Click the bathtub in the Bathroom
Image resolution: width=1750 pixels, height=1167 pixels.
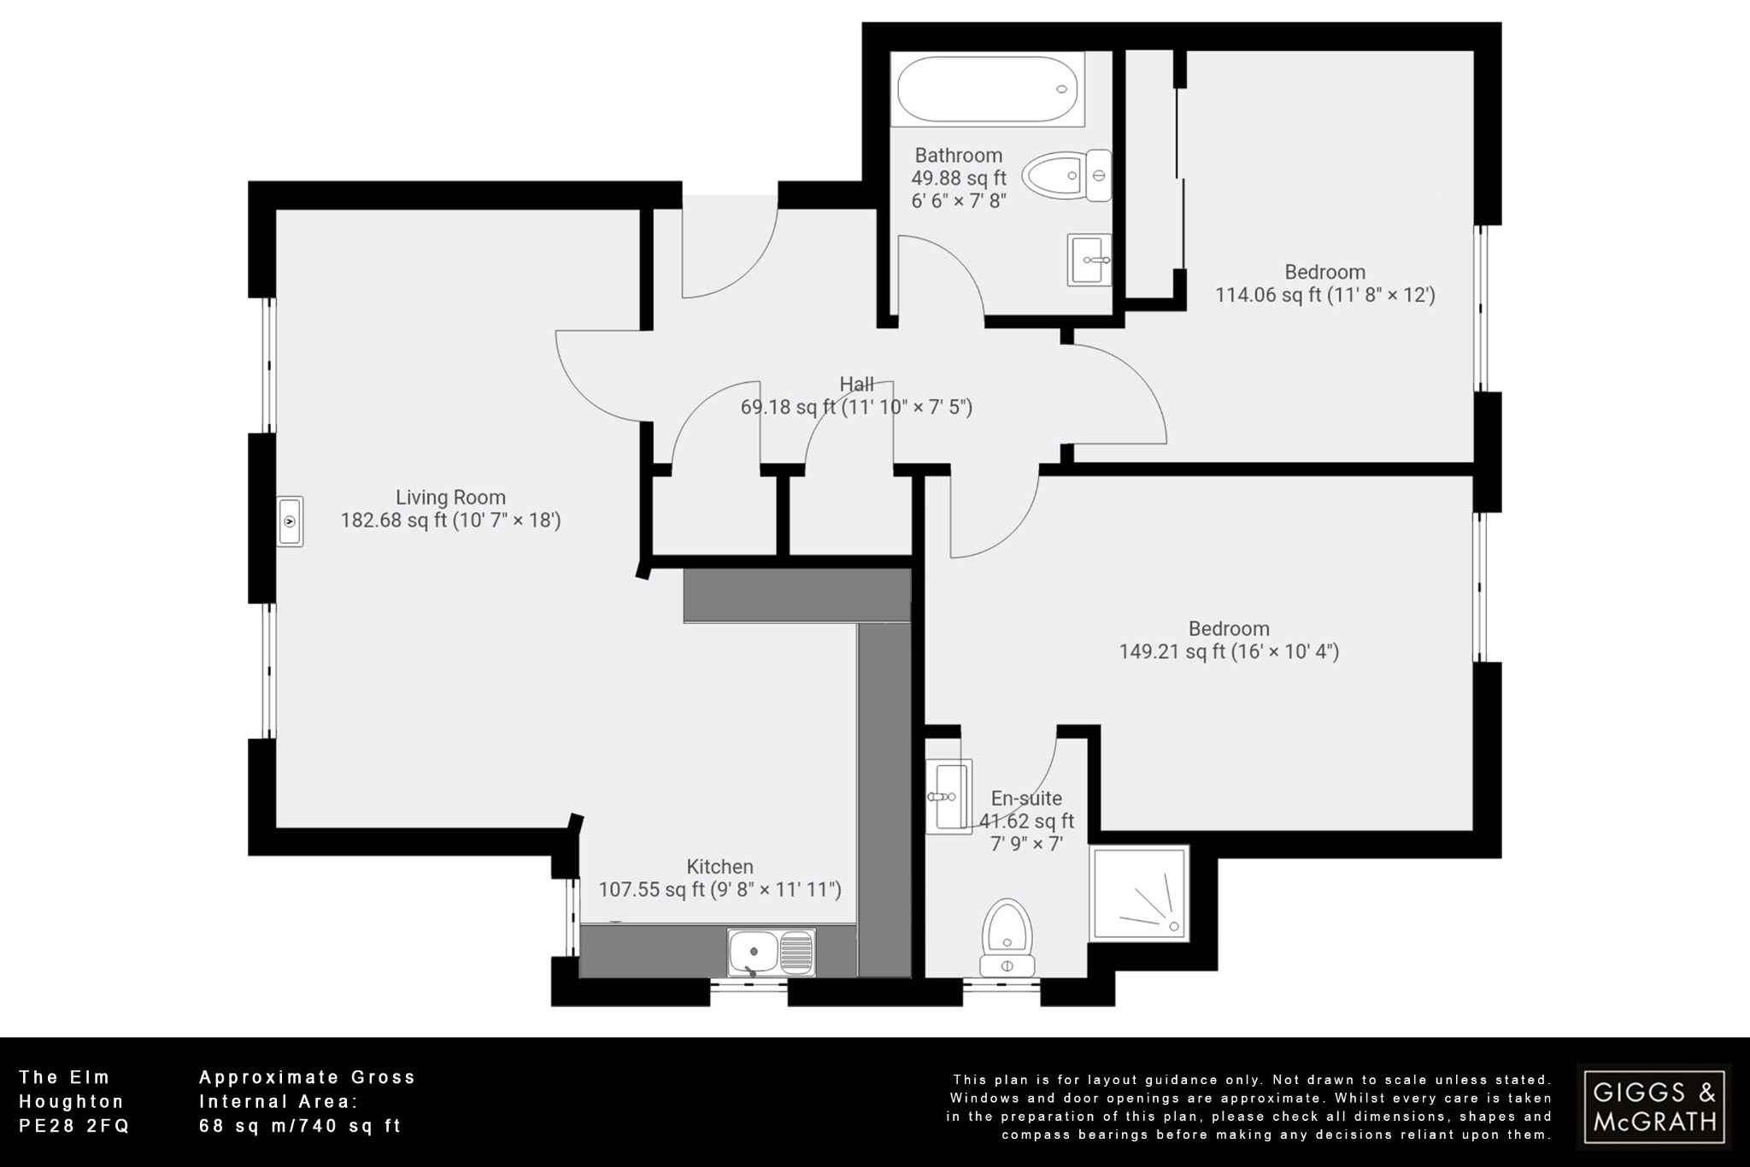987,89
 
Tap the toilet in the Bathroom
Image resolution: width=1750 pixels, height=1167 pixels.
1068,176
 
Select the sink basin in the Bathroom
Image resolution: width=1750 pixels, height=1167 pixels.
1089,259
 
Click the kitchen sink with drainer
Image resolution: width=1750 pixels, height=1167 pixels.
771,952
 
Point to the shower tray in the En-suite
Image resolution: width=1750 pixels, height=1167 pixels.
1139,893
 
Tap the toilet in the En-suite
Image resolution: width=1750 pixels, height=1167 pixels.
1007,937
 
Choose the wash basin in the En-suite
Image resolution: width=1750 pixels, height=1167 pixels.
948,796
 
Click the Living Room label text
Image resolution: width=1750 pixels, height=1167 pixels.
450,498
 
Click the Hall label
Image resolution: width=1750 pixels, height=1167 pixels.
856,385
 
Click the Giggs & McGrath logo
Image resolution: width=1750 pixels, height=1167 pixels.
1653,1106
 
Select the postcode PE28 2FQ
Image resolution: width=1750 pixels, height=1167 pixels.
74,1126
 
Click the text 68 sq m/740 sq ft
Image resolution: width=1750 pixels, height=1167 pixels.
300,1126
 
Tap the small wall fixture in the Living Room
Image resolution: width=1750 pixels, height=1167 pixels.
291,522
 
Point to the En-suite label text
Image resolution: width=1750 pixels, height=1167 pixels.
1026,799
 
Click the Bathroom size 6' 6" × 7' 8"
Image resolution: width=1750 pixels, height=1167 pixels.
959,201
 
